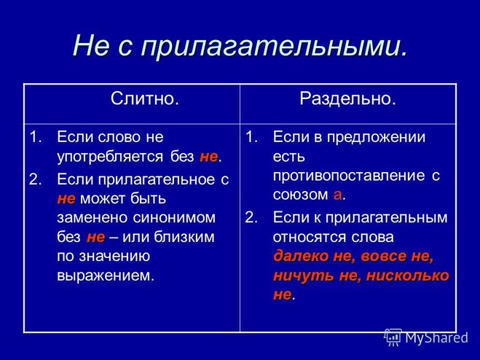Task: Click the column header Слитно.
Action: (x=145, y=98)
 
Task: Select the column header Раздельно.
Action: (x=347, y=98)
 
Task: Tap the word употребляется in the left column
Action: (x=111, y=157)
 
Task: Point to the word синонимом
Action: (x=175, y=218)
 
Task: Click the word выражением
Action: (x=106, y=275)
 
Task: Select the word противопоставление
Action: (x=349, y=176)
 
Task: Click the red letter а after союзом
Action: (x=337, y=195)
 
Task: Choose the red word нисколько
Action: (x=407, y=275)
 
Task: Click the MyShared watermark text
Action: (x=436, y=337)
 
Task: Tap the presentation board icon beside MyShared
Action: (x=393, y=337)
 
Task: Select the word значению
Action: (x=114, y=257)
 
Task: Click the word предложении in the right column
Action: (x=377, y=137)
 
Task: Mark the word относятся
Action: (x=310, y=237)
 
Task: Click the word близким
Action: (x=184, y=237)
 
